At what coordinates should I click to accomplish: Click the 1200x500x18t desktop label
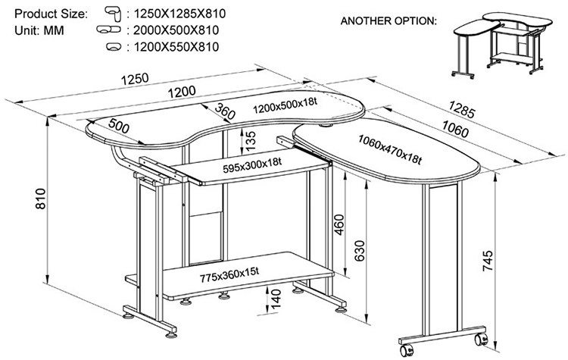286,107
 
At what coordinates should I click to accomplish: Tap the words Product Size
50,14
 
